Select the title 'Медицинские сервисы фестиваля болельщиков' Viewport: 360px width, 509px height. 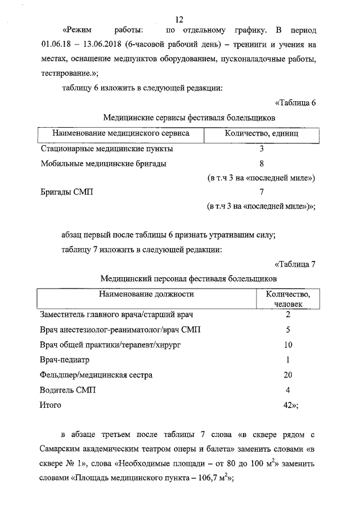(189, 118)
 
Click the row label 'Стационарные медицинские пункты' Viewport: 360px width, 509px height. (107, 149)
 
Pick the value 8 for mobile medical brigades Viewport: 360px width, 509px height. (262, 164)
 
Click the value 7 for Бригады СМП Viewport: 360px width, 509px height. (262, 192)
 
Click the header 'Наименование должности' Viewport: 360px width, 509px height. (147, 294)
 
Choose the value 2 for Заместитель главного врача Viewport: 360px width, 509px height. (287, 314)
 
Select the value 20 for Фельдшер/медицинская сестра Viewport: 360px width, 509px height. (287, 375)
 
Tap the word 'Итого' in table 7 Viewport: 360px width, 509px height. (51, 405)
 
